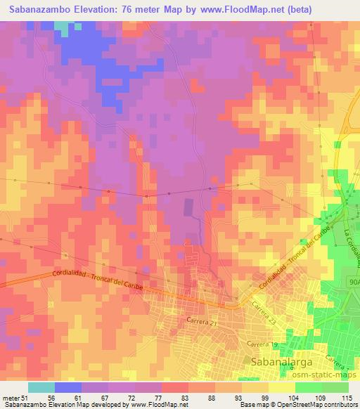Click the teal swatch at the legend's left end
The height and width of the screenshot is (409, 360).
[41, 387]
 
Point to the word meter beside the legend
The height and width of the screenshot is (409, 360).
[9, 397]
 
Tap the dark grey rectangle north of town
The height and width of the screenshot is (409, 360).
[188, 207]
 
